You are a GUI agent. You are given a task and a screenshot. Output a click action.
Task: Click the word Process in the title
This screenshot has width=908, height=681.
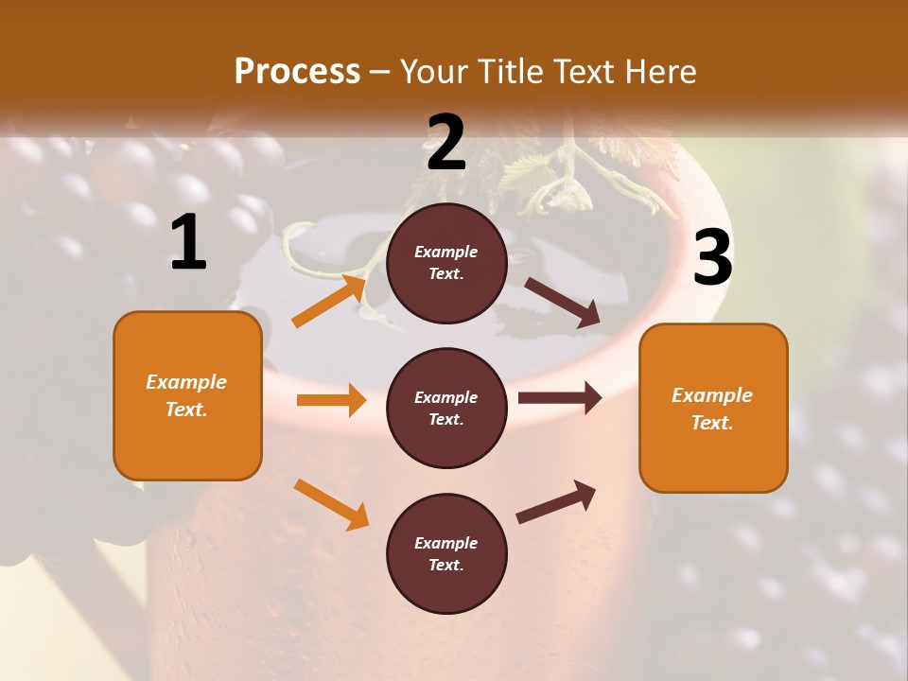[x=297, y=72]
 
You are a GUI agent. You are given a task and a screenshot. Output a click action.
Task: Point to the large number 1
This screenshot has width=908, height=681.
[x=188, y=243]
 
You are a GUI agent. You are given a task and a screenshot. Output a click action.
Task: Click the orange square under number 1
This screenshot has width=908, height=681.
[x=187, y=395]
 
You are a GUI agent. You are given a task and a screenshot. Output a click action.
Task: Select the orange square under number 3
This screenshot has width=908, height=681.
[x=713, y=408]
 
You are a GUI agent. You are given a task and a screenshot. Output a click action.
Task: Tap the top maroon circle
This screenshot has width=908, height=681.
[x=446, y=263]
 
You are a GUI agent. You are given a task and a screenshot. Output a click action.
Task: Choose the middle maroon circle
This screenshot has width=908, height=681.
[x=446, y=408]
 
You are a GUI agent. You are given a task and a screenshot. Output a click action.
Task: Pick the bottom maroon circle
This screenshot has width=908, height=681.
[x=446, y=553]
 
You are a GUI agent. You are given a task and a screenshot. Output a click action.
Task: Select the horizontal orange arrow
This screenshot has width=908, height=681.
[x=331, y=400]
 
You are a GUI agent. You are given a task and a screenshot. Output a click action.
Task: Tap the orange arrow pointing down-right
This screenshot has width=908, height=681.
[x=331, y=504]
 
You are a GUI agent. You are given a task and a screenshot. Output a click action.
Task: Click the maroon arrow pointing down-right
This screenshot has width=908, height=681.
[x=563, y=303]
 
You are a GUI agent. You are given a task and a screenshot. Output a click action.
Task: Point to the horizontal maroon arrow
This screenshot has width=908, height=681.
[x=560, y=397]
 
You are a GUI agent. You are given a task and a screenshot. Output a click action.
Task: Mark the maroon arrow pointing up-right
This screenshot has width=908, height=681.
[x=556, y=502]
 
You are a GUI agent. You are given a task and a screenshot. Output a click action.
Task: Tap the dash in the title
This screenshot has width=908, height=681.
[x=379, y=72]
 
